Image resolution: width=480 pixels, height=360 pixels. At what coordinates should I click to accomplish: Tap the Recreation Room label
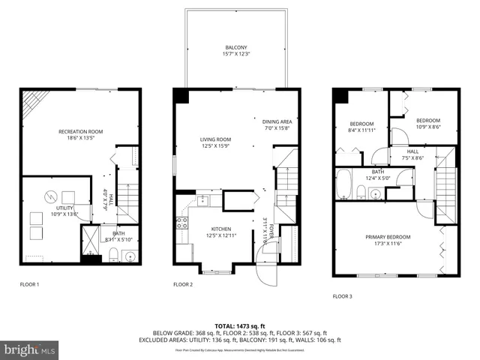(80, 135)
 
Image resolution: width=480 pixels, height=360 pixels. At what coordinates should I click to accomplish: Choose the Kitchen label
(220, 232)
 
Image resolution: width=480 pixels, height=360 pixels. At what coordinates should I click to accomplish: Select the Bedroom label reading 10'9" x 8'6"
(427, 124)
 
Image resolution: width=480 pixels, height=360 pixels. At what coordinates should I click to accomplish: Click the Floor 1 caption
(29, 284)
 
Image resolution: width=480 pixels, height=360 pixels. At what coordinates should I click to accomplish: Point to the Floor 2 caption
(183, 284)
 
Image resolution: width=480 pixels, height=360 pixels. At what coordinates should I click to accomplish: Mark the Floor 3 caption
(342, 296)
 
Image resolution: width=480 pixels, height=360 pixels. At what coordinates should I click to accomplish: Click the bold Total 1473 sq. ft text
(239, 326)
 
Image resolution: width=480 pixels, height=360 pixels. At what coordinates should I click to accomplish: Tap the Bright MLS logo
(30, 349)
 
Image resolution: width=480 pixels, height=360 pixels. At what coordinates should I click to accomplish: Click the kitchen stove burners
(181, 222)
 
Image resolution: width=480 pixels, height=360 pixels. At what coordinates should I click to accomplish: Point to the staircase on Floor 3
(445, 184)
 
